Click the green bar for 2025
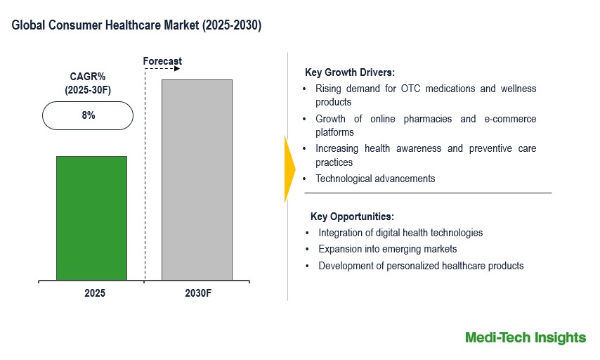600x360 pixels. pos(91,218)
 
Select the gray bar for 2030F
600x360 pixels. pos(197,180)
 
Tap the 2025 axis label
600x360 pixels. pos(94,293)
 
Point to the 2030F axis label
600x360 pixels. pos(197,293)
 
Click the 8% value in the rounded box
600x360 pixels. pos(88,115)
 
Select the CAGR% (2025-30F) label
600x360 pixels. pos(88,83)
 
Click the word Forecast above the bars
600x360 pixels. pos(162,61)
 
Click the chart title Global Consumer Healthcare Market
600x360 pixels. pos(136,26)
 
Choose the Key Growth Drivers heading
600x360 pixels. pos(349,72)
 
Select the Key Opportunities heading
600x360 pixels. pos(352,217)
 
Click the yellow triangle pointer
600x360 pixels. pos(289,169)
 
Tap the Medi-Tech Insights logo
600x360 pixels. pos(525,337)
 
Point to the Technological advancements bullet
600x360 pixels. pos(375,179)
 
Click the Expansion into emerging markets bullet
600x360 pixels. pos(387,249)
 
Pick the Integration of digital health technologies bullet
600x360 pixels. pos(400,233)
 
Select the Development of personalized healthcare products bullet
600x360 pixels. pos(421,266)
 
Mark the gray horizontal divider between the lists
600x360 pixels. pos(427,193)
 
